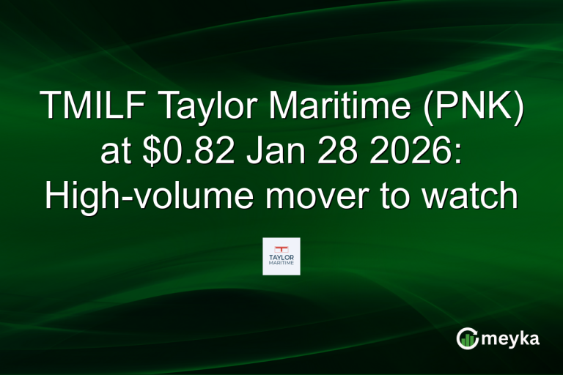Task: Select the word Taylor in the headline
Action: [x=207, y=108]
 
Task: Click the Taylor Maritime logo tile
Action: [x=281, y=256]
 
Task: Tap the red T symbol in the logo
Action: [x=281, y=248]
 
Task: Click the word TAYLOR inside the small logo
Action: [x=281, y=258]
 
